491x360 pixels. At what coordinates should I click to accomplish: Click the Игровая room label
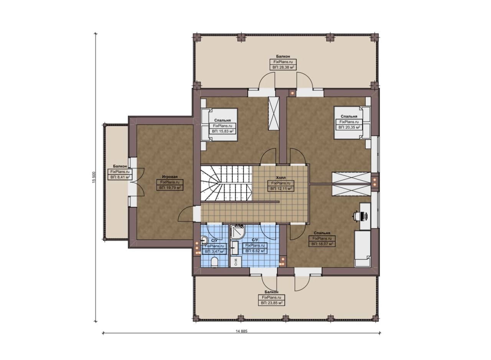[x=170, y=177]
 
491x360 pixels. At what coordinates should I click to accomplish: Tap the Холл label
[x=281, y=178]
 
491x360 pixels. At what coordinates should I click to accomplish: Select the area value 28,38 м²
[x=283, y=67]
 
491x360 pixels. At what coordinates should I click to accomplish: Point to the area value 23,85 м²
[x=271, y=303]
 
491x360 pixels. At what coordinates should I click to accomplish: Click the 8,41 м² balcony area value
[x=120, y=177]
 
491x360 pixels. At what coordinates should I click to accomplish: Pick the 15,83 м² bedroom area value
[x=222, y=131]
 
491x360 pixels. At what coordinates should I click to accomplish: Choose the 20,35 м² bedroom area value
[x=349, y=127]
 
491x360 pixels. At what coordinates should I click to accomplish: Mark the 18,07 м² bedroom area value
[x=322, y=244]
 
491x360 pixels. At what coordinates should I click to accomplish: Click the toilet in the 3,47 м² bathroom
[x=214, y=262]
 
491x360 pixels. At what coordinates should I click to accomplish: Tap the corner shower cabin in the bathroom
[x=237, y=232]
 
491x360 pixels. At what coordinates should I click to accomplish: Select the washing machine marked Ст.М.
[x=236, y=262]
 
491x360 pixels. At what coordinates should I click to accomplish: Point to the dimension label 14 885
[x=241, y=331]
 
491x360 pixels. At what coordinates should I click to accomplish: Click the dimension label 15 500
[x=94, y=177]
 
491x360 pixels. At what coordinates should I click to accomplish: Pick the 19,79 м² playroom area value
[x=170, y=188]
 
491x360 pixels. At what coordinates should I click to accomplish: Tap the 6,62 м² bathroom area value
[x=255, y=251]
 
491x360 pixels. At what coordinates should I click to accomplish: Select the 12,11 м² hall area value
[x=281, y=189]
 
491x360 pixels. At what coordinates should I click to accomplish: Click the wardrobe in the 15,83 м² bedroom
[x=274, y=113]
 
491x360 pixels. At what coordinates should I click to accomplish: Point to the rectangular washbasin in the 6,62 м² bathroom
[x=235, y=248]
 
